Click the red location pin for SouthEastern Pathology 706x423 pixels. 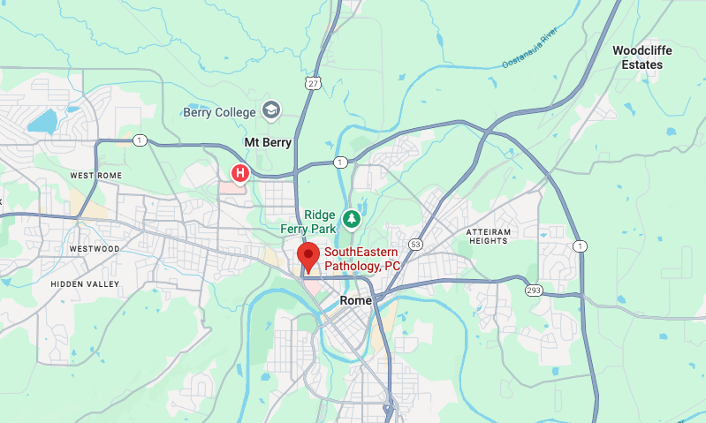tap(308, 257)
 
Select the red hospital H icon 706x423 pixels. tap(239, 172)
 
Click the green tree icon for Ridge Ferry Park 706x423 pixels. tap(352, 217)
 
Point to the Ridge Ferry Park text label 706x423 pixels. tap(320, 222)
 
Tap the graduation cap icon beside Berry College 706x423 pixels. tap(271, 111)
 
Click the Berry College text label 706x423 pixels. tap(219, 112)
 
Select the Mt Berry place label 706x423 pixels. tap(267, 142)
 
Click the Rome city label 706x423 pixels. tap(355, 300)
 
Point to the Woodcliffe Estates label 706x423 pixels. tap(642, 57)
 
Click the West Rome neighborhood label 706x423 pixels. tap(95, 176)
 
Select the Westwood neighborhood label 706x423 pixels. tap(94, 249)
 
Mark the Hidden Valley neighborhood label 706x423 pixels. tap(84, 283)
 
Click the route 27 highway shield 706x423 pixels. tap(314, 83)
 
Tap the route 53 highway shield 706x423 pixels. tap(414, 244)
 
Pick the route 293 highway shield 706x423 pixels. tap(534, 290)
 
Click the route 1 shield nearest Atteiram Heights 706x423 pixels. tap(579, 245)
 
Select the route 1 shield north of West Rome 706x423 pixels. tap(140, 140)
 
